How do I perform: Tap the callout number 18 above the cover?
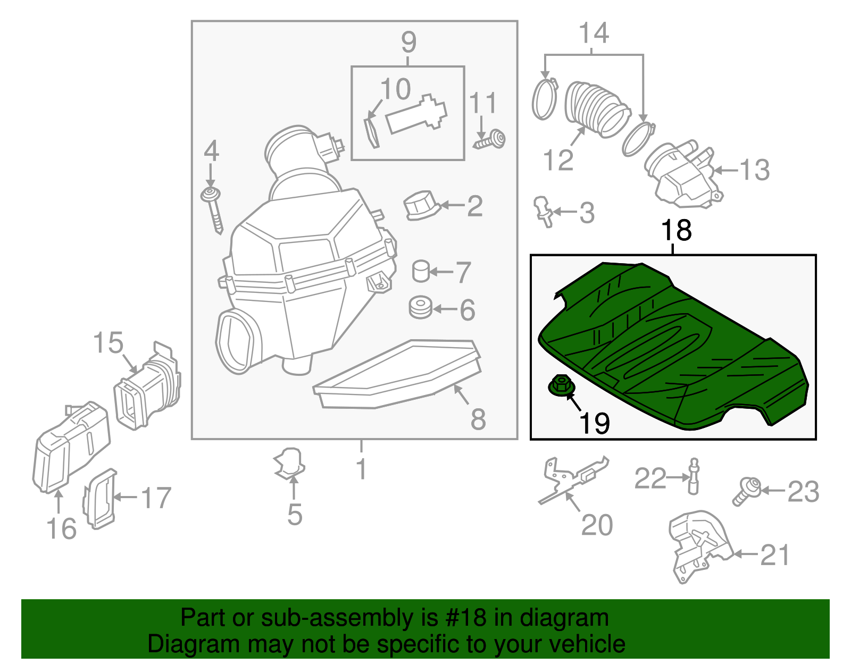[675, 231]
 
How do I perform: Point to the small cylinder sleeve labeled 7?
[421, 271]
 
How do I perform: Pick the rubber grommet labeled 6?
[421, 308]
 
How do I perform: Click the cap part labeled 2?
[420, 206]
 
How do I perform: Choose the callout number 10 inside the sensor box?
[395, 89]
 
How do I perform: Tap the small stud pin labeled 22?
[694, 476]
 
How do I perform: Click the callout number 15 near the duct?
[108, 343]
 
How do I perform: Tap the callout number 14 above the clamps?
[594, 33]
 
